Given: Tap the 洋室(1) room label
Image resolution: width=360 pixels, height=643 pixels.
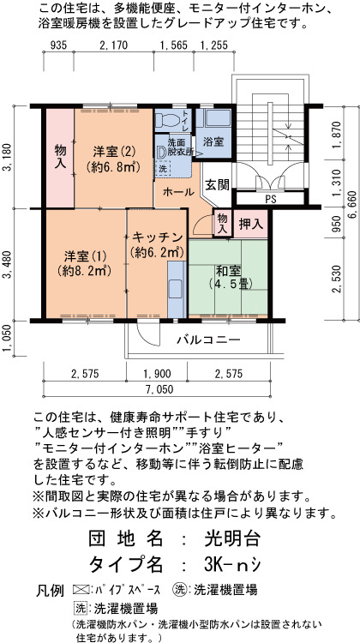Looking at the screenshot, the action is pos(85,256).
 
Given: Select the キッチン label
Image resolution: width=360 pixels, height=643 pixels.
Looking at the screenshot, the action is pos(157,237).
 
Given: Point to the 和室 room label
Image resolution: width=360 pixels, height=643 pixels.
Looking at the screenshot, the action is pos(228,271).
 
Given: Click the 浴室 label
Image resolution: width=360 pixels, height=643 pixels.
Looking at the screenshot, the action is pos(213,142).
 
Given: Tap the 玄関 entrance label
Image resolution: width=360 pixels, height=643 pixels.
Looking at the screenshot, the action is pos(217,184).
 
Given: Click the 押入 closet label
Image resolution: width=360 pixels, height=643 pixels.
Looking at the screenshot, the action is pos(250,224).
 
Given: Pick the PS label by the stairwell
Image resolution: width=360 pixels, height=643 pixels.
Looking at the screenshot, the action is pos(270,200).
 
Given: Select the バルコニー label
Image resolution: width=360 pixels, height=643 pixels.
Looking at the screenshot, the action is pos(208,340).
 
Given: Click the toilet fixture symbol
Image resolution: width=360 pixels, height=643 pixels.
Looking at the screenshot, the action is pos(169,119).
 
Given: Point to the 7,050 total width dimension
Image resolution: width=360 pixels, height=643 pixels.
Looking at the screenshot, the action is pos(157,389).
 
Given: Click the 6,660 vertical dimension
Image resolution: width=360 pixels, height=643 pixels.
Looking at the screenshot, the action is pos(354,213).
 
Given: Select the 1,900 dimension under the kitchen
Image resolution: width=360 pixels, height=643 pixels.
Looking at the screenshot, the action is pos(157,374).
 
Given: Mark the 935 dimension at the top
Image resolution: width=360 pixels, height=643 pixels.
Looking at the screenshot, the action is pos(57,45).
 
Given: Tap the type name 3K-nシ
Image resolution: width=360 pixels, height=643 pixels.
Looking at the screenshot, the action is pos(231,565).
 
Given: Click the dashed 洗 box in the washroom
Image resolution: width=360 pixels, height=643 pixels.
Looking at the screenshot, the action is pos(162,168).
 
